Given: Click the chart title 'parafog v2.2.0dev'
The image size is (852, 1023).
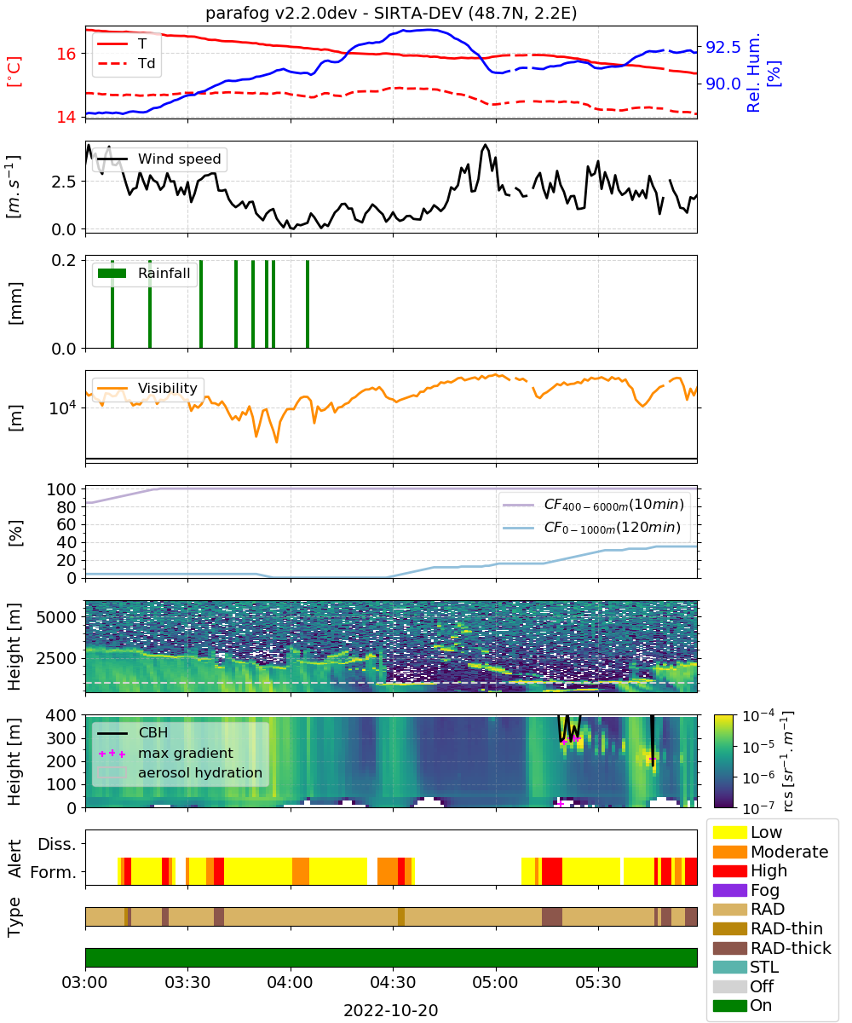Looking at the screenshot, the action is point(281,13).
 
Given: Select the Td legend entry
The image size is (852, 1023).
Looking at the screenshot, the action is point(126,64).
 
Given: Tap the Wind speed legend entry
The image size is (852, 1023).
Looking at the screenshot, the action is point(159,159).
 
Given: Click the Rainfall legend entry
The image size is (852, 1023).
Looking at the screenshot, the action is point(144,273).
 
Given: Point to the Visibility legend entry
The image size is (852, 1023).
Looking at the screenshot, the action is point(147,388).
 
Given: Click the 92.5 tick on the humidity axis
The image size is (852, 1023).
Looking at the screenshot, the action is point(722,47).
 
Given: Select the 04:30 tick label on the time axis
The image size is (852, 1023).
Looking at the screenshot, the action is point(393,982).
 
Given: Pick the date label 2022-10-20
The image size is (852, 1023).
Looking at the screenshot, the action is point(391,1010).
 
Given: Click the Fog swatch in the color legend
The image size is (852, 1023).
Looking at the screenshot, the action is point(729,890).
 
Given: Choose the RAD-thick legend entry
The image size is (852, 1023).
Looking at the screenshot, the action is point(772,948).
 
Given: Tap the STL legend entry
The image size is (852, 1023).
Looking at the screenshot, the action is point(745,967).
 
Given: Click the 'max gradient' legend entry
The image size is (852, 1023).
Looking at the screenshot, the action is point(165,753).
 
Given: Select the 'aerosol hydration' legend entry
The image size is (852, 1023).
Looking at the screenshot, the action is point(180,772).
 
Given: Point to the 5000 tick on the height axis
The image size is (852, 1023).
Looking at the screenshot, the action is point(56,617).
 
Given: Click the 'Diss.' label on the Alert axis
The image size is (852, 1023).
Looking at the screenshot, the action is point(57,844).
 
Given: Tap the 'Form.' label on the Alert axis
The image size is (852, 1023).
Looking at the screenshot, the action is point(54,872).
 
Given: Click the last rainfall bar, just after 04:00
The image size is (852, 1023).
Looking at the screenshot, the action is point(308,303).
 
